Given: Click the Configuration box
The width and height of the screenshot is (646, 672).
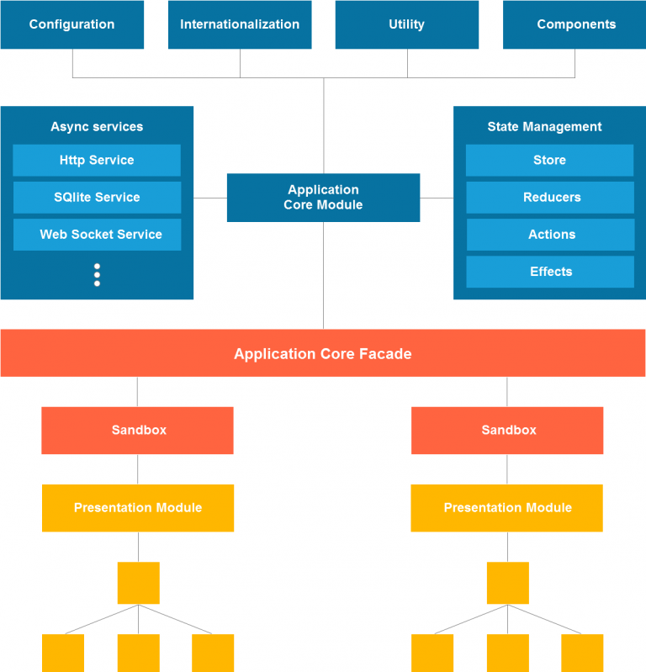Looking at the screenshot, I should pos(71,24).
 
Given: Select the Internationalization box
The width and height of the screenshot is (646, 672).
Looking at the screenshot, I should pos(240,24).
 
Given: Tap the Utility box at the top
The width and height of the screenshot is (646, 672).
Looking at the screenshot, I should pos(406,24).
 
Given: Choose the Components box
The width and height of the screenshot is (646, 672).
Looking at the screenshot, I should pos(576,24).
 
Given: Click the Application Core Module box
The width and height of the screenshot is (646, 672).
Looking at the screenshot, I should pos(323,198).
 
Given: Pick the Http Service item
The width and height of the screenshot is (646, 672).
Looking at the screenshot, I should pos(97,160).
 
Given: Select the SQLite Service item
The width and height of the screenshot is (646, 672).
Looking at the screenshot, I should pos(97,197).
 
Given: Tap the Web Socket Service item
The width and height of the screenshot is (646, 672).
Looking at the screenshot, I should pos(97,234).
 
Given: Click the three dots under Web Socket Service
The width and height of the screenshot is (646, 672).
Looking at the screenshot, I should pos(97,275).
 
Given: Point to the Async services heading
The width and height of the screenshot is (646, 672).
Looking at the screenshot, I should pos(97,127).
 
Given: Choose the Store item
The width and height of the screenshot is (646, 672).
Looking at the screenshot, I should pos(549,160).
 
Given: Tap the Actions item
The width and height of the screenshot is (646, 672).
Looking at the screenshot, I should pos(550,235).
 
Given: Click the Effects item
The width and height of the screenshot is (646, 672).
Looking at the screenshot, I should pos(550,272).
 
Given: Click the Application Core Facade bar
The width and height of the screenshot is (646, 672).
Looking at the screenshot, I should pos(323,353).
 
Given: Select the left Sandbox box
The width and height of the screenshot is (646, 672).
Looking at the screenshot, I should pos(138,430).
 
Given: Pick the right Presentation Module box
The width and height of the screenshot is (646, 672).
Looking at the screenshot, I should pos(507,507).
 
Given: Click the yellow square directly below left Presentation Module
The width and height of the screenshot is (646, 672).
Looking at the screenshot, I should pos(138,583).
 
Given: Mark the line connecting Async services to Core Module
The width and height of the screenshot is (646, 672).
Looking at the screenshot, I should pos(210,198).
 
